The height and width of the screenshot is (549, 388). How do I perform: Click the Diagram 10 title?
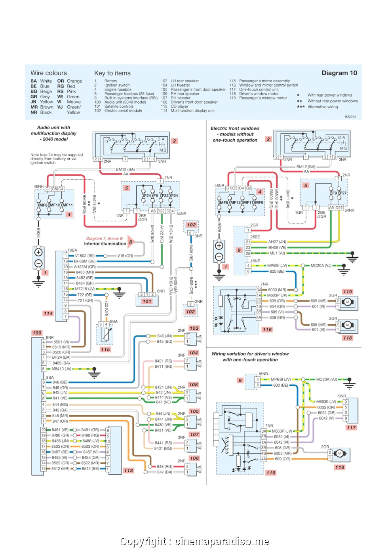tap(339, 73)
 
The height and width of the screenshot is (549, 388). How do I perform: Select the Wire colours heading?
tap(49, 73)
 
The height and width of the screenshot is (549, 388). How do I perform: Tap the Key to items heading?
tap(112, 73)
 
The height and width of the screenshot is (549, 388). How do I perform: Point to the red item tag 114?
tap(48, 313)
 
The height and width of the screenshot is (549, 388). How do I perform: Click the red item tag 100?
tap(37, 333)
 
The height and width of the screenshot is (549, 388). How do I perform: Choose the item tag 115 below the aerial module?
tap(105, 350)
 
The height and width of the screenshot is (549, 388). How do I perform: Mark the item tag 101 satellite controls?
tap(147, 301)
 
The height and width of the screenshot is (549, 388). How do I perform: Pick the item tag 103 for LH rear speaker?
tap(194, 328)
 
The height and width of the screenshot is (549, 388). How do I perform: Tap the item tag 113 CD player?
tap(128, 471)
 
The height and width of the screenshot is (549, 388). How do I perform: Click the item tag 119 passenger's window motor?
tap(348, 292)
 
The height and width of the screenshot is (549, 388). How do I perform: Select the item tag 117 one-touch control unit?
tap(351, 427)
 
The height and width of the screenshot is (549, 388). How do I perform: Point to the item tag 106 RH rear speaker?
tap(194, 458)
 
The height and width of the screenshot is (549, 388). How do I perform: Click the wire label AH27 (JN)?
tap(277, 242)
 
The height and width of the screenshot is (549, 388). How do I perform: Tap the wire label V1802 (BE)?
tap(85, 256)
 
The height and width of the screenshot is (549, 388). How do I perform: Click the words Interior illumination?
tap(105, 244)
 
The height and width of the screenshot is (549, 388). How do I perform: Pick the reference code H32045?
tap(350, 117)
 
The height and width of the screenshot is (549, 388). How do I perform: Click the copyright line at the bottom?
tap(194, 541)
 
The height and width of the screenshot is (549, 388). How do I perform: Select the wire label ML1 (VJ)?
tap(277, 253)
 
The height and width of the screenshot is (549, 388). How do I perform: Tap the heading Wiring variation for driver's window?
tap(250, 354)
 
